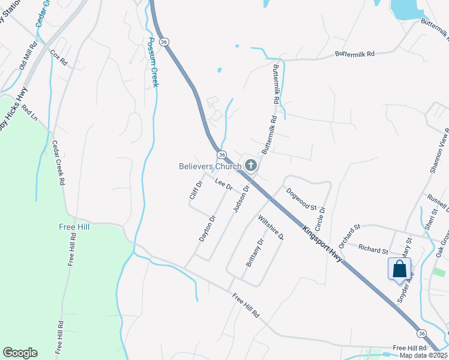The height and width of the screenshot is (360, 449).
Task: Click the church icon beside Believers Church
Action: click(x=251, y=166)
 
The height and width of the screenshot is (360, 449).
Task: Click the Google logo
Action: click(x=20, y=353)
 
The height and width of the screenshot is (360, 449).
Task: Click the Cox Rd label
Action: click(x=59, y=58)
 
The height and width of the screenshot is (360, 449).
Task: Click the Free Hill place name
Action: click(x=74, y=227)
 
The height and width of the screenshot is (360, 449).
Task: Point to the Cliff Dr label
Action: click(x=194, y=190)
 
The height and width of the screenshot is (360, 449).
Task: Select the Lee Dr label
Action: click(x=223, y=185)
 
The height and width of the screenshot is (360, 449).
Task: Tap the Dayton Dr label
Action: click(x=206, y=229)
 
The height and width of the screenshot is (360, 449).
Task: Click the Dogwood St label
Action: click(x=301, y=199)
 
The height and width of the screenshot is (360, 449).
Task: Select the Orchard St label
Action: click(x=349, y=236)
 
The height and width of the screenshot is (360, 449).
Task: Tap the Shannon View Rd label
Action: click(x=439, y=151)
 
